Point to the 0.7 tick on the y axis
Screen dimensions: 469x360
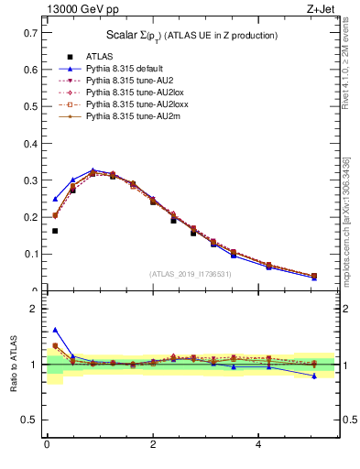point(34,32)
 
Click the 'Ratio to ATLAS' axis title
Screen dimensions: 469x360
point(14,365)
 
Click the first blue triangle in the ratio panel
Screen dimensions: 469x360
point(55,330)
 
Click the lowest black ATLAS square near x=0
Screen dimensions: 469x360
point(55,231)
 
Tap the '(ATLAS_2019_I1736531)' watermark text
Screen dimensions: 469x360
point(191,274)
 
